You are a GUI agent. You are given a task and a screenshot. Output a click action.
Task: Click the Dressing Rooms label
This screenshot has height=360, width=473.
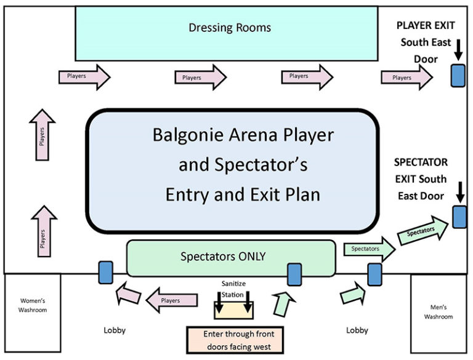[x=230, y=28]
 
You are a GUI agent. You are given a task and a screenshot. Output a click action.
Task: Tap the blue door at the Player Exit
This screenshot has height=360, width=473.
[x=457, y=76]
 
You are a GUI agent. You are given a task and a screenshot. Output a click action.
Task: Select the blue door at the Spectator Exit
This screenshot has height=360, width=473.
[x=459, y=217]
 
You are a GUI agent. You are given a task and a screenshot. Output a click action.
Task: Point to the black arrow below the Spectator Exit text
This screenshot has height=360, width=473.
[x=459, y=191]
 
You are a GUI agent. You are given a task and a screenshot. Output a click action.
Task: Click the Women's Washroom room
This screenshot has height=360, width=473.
[x=32, y=306]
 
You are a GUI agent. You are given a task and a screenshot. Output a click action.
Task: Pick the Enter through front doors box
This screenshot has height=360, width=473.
[x=234, y=339]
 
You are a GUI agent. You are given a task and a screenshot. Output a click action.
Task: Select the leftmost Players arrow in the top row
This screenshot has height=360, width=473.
[x=84, y=76]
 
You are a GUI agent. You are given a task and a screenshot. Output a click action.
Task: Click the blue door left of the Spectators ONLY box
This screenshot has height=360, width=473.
[x=105, y=272]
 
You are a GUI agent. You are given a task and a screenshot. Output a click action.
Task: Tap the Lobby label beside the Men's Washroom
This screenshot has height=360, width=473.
[x=357, y=330]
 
